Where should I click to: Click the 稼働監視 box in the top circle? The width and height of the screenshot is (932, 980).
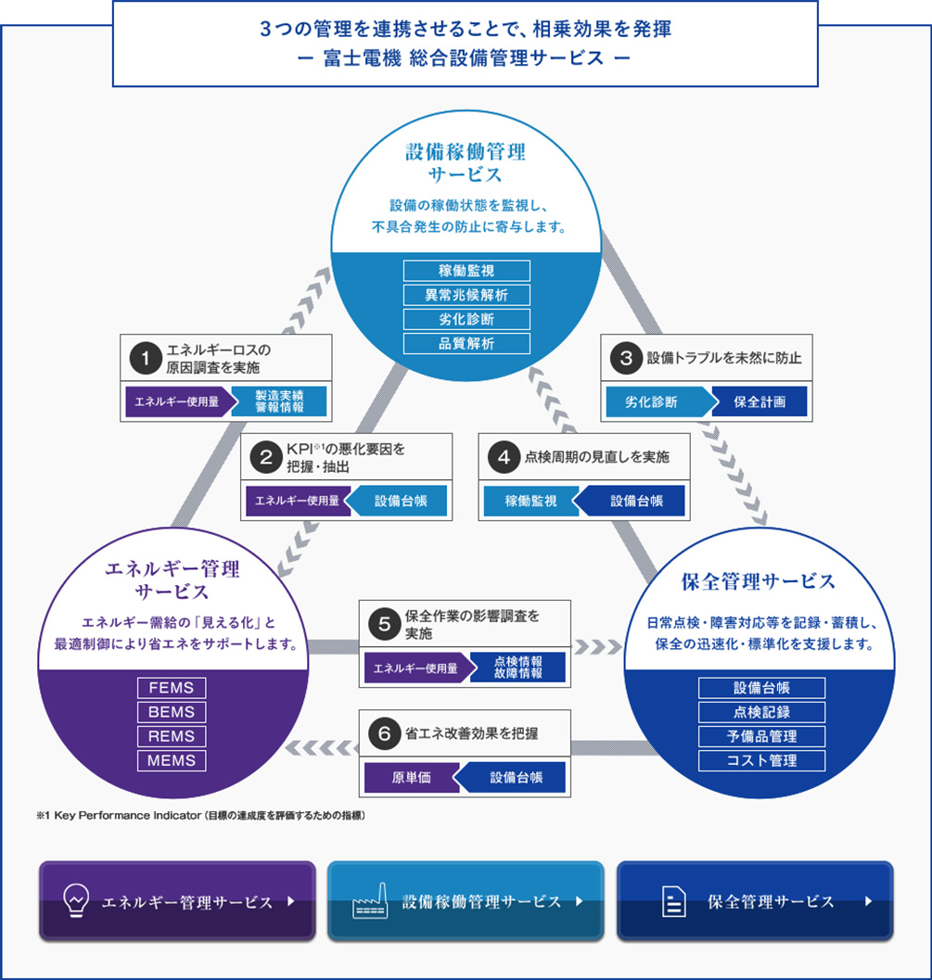466,271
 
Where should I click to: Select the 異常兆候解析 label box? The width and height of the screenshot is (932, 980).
466,295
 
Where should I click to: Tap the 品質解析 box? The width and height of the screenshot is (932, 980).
466,343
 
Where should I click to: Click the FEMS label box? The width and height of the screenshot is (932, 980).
172,688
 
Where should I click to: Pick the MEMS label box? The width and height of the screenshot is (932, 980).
172,760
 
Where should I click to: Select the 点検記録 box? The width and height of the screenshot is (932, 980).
760,712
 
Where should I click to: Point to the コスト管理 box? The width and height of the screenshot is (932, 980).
760,760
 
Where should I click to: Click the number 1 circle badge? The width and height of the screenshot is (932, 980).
146,357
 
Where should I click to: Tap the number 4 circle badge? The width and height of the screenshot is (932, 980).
504,456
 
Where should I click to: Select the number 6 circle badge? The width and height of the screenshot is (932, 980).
383,732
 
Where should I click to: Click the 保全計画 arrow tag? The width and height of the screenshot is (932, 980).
760,402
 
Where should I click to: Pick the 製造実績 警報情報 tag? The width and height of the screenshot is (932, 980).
279,402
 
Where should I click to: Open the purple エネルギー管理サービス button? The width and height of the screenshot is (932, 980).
177,901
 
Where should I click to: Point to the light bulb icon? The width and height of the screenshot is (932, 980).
75,900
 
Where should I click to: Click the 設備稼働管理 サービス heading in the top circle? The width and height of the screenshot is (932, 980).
466,162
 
